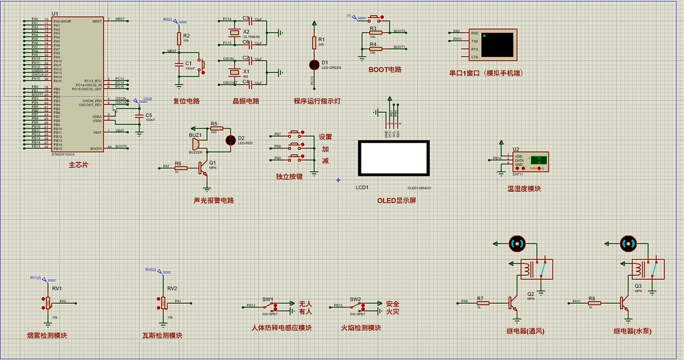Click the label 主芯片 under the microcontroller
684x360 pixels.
78,165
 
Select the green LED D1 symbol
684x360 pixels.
315,64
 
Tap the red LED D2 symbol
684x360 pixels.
229,140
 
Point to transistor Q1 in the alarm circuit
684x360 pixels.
204,167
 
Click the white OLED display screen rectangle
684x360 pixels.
394,158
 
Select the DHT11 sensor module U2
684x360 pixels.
530,162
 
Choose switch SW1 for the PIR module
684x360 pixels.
269,306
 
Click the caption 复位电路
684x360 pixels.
186,101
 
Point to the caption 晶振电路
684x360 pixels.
246,101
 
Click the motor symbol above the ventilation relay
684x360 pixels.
516,243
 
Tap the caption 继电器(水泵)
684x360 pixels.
632,332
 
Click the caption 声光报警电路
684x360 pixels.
214,200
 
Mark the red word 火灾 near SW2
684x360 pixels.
392,312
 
